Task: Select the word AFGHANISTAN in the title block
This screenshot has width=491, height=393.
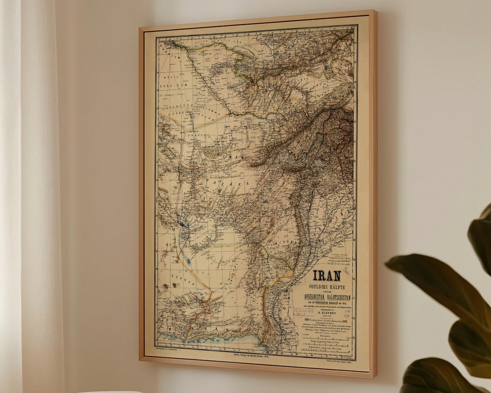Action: pos(316,297)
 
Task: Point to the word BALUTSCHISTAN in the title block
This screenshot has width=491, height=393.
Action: pos(341,297)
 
